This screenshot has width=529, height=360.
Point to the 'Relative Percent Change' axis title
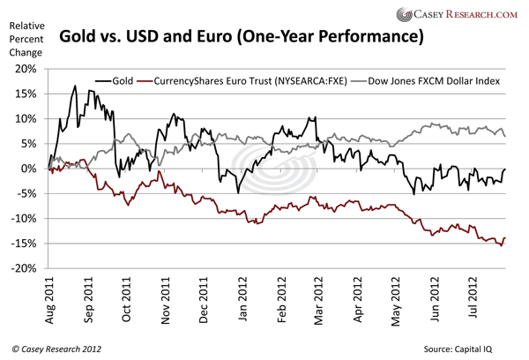point(26,40)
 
